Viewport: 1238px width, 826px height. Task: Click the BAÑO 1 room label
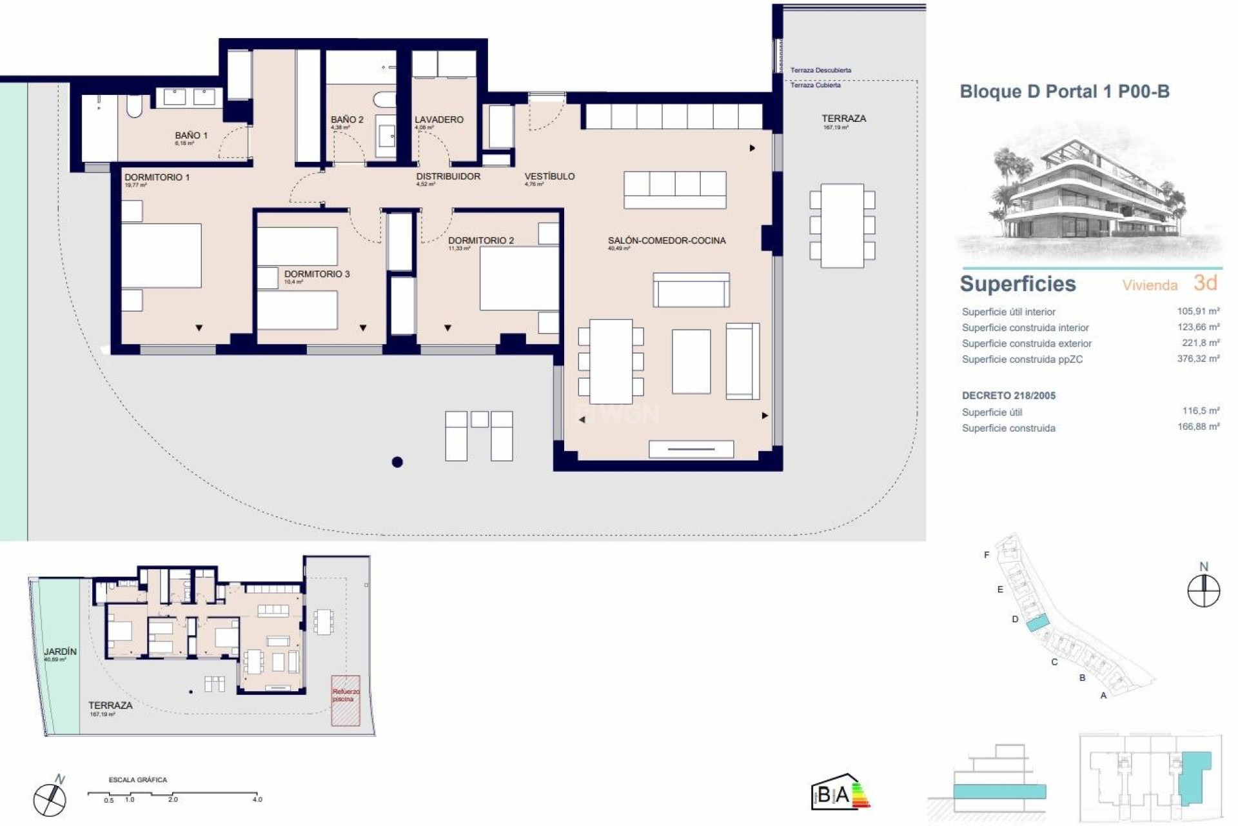click(x=191, y=136)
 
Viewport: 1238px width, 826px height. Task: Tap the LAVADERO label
click(x=438, y=120)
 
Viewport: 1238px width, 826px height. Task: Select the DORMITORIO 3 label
click(x=317, y=274)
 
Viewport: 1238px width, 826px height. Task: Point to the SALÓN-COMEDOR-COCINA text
click(x=666, y=241)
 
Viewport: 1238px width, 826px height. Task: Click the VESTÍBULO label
click(x=549, y=176)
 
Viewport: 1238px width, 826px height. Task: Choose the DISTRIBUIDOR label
click(x=448, y=176)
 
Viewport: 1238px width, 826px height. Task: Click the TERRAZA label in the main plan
click(x=843, y=119)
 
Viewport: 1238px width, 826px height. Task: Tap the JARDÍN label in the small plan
click(x=60, y=652)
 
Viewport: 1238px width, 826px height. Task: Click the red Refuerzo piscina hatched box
click(x=346, y=700)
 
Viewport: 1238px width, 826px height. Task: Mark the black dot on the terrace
click(x=397, y=462)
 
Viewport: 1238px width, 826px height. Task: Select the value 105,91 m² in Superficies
click(x=1198, y=311)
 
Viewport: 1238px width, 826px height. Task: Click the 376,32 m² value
click(x=1198, y=359)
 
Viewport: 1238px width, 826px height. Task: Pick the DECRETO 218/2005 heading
click(x=1008, y=396)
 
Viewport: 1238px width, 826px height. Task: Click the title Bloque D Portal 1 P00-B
click(x=1065, y=92)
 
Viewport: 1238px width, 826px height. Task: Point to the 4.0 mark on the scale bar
click(x=257, y=799)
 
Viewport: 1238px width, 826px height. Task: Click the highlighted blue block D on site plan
click(x=1037, y=623)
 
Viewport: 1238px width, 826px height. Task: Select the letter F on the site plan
click(x=987, y=555)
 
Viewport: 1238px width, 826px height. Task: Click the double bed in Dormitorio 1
click(x=162, y=256)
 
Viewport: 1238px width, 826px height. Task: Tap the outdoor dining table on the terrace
click(x=842, y=226)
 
